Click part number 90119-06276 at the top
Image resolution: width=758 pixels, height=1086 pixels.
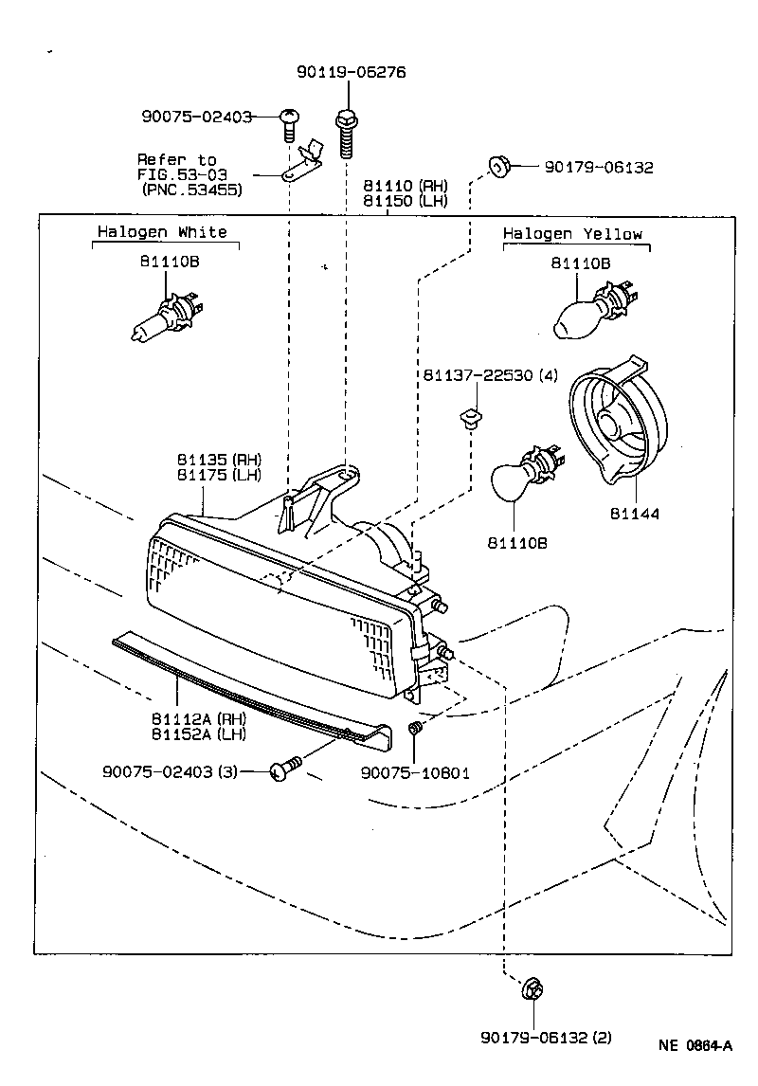tap(337, 72)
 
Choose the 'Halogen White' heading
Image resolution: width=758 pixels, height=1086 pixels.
tap(162, 232)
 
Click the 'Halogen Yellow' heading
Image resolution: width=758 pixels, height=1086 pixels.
tap(572, 234)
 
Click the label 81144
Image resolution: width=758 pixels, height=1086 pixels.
tap(634, 514)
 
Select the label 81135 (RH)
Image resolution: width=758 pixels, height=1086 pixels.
tap(219, 459)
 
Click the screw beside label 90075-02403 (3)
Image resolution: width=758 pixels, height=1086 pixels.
tap(285, 769)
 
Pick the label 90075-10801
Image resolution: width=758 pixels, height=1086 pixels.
tap(415, 772)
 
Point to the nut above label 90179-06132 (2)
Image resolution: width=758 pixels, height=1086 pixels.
tap(531, 991)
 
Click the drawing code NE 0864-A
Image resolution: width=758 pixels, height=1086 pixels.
tap(695, 1046)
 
